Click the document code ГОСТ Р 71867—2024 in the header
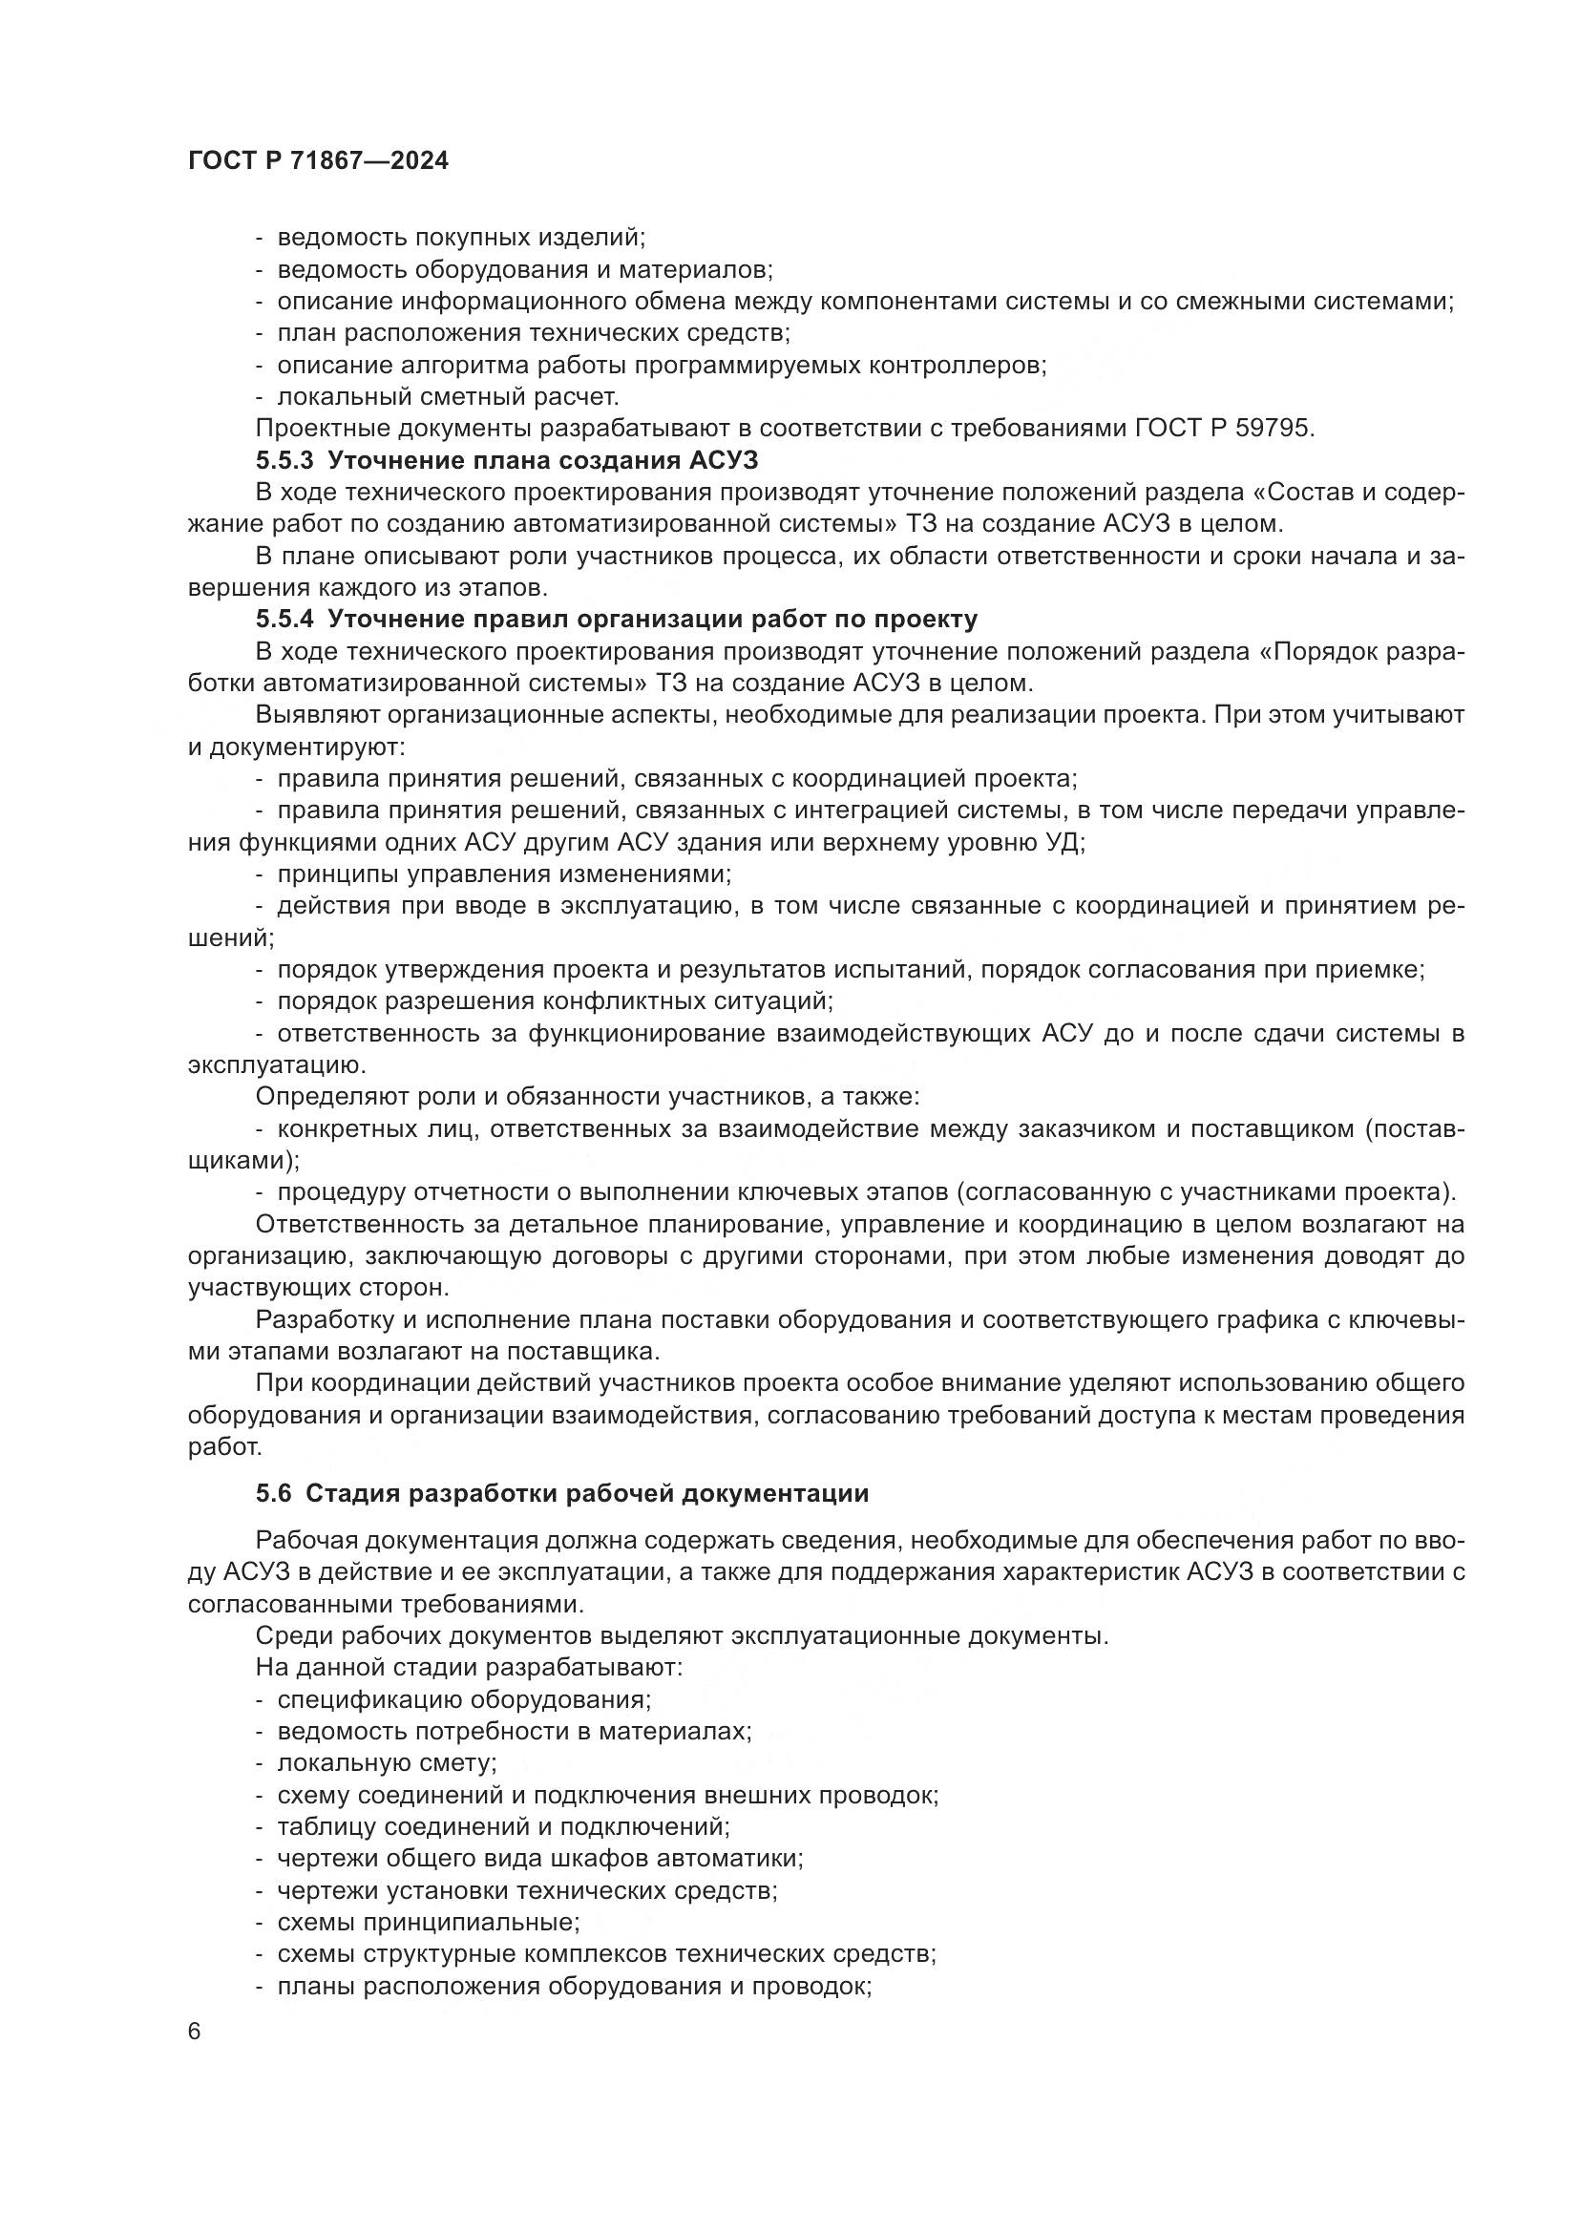tap(318, 161)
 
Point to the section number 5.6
tap(273, 1494)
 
